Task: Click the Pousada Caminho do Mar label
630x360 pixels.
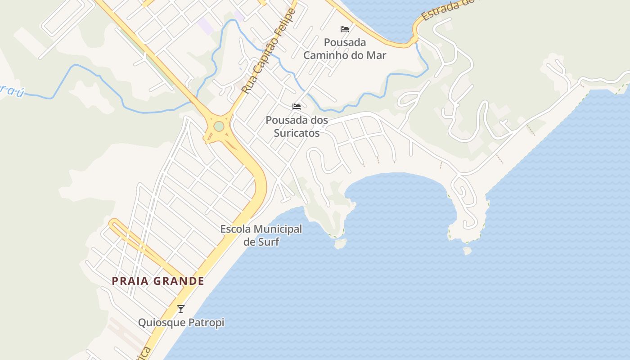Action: coord(345,49)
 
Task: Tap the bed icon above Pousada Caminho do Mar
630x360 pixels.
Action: coord(345,29)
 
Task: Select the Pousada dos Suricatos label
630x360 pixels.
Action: coord(297,126)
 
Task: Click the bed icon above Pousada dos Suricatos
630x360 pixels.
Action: coord(297,107)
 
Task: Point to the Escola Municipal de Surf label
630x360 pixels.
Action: coord(261,235)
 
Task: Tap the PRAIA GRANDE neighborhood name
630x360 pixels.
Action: coord(158,281)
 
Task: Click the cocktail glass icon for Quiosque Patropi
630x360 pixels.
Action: coord(181,309)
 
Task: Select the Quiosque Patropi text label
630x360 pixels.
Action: coord(181,323)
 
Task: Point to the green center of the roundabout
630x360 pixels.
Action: coord(219,126)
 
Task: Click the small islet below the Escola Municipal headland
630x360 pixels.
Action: coord(341,244)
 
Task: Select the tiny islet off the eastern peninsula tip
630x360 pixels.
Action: coord(467,250)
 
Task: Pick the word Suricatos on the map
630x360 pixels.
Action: coord(297,133)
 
